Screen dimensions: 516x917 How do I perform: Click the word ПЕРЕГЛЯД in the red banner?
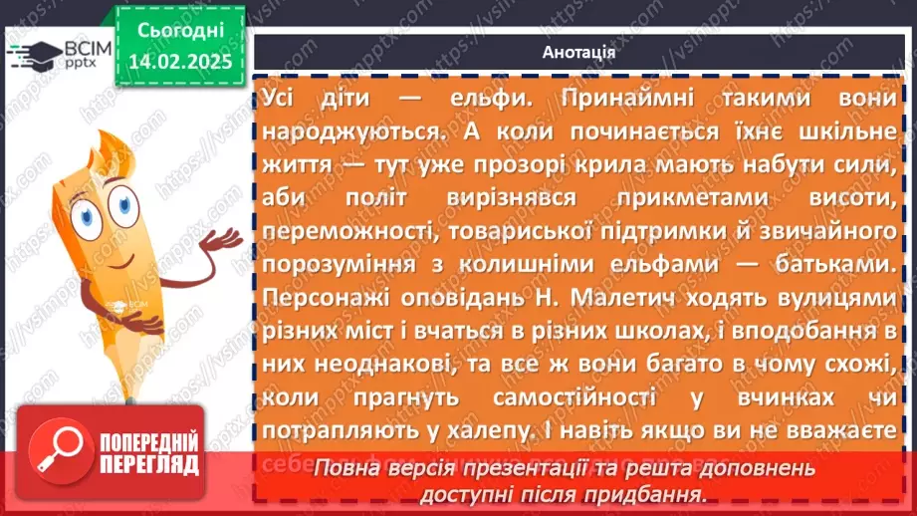pos(150,463)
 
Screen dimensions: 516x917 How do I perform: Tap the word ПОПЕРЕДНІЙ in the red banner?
pos(150,441)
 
